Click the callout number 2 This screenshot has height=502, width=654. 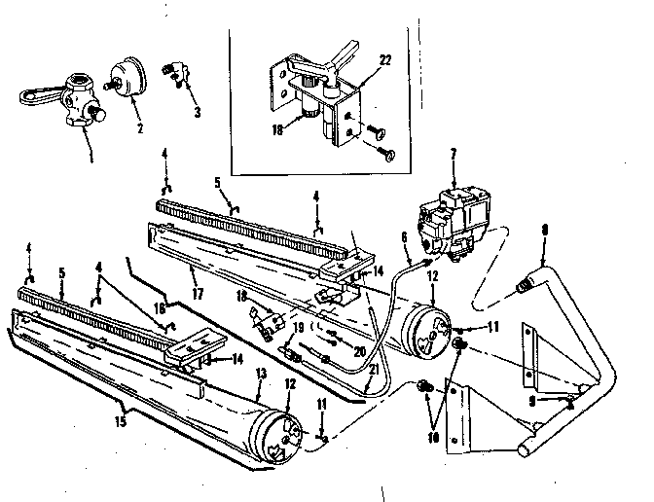tap(139, 127)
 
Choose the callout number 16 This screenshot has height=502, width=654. tap(158, 307)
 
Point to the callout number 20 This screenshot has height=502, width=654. tap(360, 352)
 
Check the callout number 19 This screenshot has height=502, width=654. tap(298, 326)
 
